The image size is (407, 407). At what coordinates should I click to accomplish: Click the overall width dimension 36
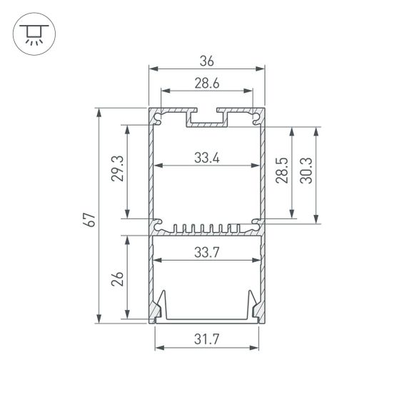206,62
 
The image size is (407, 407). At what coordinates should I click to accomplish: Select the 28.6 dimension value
206,84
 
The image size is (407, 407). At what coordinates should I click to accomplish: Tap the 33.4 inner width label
206,159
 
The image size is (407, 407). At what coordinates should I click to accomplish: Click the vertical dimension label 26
119,277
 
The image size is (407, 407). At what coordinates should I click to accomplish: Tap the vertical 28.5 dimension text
282,171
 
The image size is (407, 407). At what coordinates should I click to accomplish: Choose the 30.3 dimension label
306,171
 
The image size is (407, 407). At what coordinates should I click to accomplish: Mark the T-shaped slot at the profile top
206,117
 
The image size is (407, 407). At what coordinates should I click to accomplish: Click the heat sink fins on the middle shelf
206,229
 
